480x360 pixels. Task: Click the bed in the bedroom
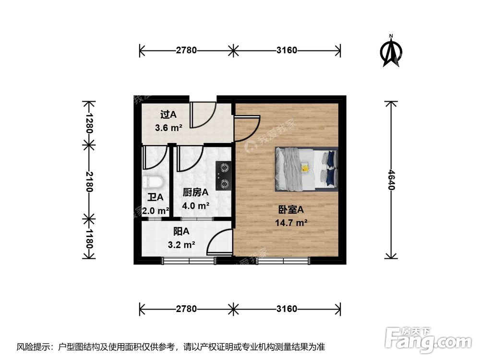coord(306,168)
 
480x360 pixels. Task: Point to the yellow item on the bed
coord(304,168)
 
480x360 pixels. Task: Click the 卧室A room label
coord(291,210)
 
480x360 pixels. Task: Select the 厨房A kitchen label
coord(195,192)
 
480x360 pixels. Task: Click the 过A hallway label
coord(168,115)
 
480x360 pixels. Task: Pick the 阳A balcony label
coord(181,231)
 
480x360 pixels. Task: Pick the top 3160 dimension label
coord(287,50)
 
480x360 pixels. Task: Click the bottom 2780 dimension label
coord(186,309)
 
